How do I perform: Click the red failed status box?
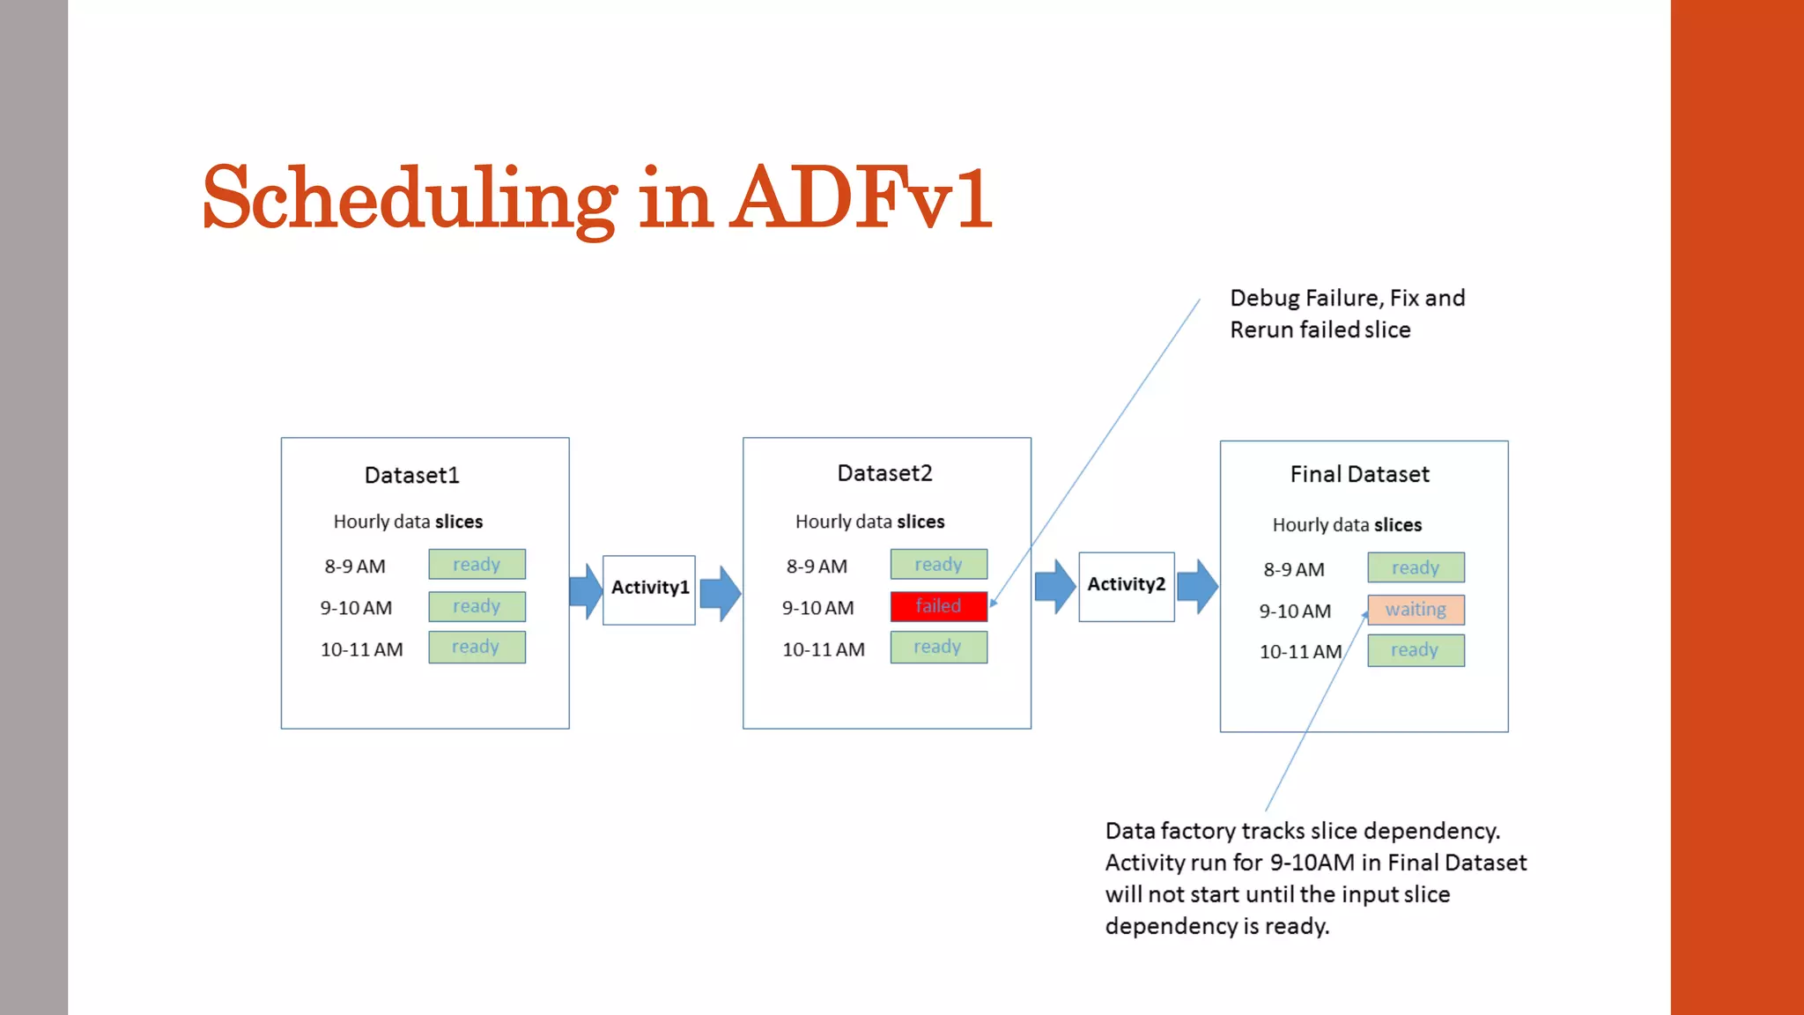[x=938, y=606]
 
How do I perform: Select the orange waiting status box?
[x=1416, y=610]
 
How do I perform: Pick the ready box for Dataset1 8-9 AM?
[x=477, y=565]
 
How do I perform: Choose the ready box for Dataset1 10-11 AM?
[x=477, y=648]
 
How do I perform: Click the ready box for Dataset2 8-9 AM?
[x=938, y=565]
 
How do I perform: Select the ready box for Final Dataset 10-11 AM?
[x=1416, y=651]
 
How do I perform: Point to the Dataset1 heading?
[x=411, y=476]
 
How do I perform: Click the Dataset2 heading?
[x=884, y=474]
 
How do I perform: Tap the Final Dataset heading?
[x=1359, y=475]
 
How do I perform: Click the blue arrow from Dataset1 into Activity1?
[x=586, y=590]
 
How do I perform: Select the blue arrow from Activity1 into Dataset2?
[x=720, y=593]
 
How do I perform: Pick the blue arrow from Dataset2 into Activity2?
[x=1054, y=586]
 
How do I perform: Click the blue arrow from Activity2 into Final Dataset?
[x=1197, y=586]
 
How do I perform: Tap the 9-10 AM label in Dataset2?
[x=817, y=608]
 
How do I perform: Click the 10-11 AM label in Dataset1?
[x=361, y=650]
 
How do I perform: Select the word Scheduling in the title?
[x=410, y=200]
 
